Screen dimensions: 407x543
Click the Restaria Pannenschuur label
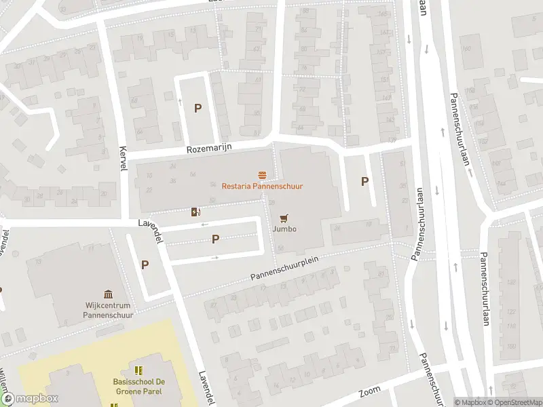click(x=262, y=186)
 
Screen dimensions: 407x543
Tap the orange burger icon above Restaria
click(x=262, y=176)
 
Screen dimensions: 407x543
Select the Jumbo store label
click(x=284, y=229)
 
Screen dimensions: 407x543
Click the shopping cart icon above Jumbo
click(x=284, y=218)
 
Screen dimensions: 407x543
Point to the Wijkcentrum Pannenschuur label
click(x=107, y=310)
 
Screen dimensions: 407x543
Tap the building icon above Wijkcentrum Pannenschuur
click(x=108, y=294)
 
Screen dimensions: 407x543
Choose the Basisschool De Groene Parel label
click(x=138, y=386)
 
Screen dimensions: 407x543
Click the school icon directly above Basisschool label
click(x=139, y=370)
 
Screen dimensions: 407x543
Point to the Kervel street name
click(x=123, y=159)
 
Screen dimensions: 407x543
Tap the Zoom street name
click(x=370, y=393)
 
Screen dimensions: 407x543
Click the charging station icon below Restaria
click(x=196, y=212)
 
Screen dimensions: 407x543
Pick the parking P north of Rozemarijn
click(x=198, y=108)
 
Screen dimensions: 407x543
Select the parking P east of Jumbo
click(x=364, y=181)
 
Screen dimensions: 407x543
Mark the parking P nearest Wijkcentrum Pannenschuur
click(x=145, y=265)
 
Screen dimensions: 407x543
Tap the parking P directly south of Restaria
click(x=216, y=239)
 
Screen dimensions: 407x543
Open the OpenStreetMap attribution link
click(x=514, y=402)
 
